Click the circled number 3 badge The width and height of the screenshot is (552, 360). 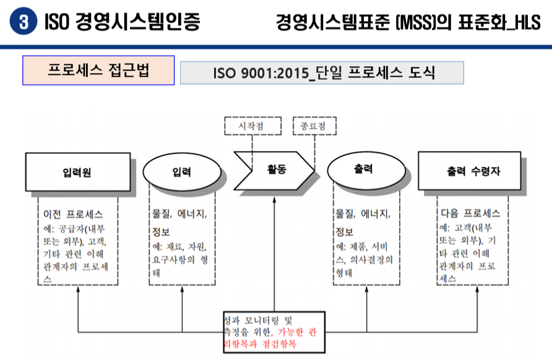click(x=24, y=23)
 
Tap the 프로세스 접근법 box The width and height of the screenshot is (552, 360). click(x=98, y=70)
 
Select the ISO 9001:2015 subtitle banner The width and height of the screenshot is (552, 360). click(x=322, y=72)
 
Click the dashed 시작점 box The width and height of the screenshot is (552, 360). click(x=252, y=126)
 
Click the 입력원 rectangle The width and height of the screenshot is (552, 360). click(x=77, y=171)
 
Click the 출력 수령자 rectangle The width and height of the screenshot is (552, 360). click(x=468, y=171)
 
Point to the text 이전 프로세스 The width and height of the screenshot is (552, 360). click(x=72, y=214)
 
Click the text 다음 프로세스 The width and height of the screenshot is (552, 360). click(x=470, y=214)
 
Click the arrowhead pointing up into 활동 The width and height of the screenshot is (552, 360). click(x=275, y=200)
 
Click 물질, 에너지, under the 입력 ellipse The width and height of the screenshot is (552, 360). click(x=180, y=214)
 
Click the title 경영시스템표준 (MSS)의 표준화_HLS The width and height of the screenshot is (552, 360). click(x=408, y=23)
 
